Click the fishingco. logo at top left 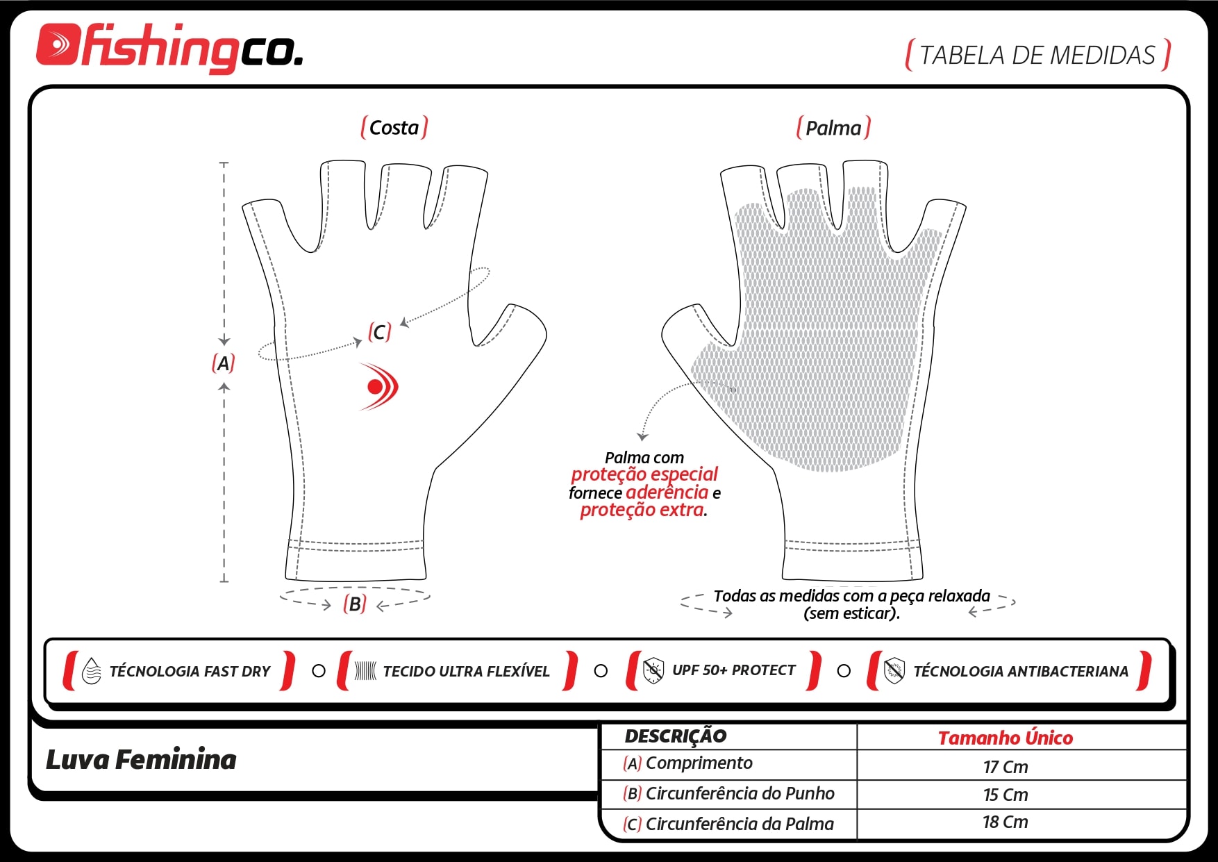169,47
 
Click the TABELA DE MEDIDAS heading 1037,55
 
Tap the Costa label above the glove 394,128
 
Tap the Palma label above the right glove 833,128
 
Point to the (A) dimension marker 223,363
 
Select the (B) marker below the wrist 355,604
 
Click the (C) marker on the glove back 380,332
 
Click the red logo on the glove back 378,386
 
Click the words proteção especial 644,474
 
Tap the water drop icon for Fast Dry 92,672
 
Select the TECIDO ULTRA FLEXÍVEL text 466,672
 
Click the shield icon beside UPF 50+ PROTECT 653,671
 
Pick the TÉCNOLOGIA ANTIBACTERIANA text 1021,672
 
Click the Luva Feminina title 141,760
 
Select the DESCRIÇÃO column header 676,736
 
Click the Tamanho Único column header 1006,738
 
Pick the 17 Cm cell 1006,767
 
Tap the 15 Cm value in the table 1006,795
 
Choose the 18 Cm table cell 1006,822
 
